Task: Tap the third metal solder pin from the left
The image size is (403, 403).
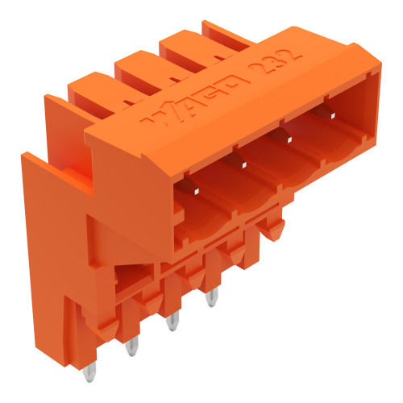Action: tap(171, 324)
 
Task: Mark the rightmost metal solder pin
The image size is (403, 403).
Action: tap(212, 299)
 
